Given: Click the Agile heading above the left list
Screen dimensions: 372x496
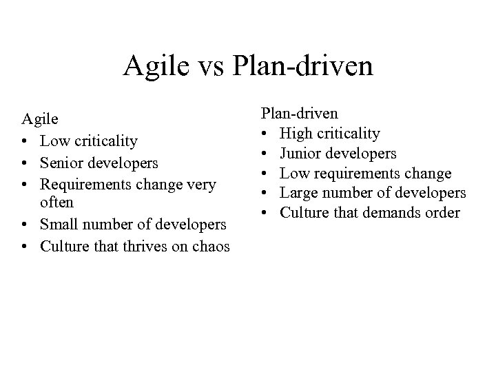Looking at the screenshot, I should (x=39, y=120).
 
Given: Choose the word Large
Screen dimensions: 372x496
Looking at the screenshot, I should (x=304, y=193).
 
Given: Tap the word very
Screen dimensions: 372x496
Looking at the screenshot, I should (x=201, y=184).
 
